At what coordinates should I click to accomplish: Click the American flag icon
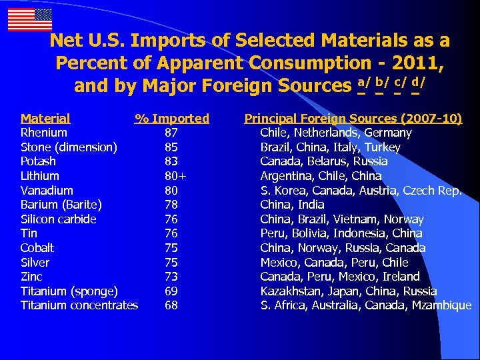click(x=30, y=20)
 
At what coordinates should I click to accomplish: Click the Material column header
click(x=45, y=119)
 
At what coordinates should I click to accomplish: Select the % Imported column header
click(x=172, y=119)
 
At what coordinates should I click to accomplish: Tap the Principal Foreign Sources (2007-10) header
click(x=353, y=119)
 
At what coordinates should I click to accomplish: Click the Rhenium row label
click(x=44, y=133)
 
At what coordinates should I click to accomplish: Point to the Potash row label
click(x=38, y=161)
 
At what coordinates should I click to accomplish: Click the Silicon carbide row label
click(x=59, y=219)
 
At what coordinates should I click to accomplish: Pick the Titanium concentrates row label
click(x=79, y=305)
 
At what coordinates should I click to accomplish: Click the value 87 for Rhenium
click(x=171, y=133)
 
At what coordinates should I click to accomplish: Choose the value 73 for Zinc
click(x=171, y=277)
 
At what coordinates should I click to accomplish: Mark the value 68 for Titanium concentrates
click(x=171, y=305)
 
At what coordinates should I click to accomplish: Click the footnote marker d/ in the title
click(x=419, y=83)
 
